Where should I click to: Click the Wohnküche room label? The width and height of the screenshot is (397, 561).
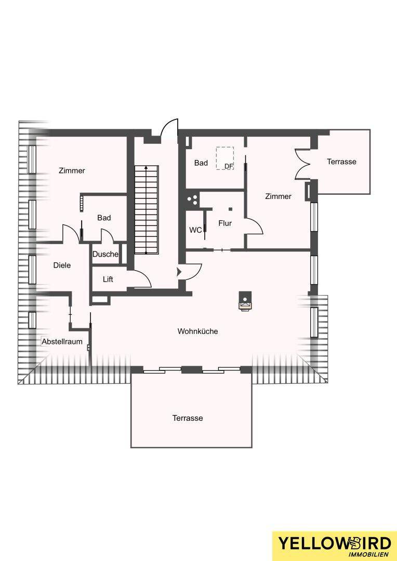tap(197, 331)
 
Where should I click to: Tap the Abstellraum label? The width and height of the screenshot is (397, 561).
tap(62, 342)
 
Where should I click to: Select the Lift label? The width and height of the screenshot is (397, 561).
tap(108, 279)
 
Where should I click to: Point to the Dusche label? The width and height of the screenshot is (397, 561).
tap(105, 255)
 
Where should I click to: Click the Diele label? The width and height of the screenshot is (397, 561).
tap(62, 265)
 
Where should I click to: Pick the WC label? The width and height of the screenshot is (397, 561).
tap(195, 230)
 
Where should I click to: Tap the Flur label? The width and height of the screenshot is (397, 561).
tap(225, 223)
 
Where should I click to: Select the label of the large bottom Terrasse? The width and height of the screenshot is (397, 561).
tap(188, 418)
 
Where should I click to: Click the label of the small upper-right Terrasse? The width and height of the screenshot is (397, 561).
tap(341, 162)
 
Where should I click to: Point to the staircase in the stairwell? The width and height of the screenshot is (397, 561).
tap(146, 210)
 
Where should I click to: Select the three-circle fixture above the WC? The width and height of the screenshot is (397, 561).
tap(193, 199)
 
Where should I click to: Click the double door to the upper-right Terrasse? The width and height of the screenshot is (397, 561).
tap(302, 163)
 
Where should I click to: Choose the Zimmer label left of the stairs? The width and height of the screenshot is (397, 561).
tap(72, 171)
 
